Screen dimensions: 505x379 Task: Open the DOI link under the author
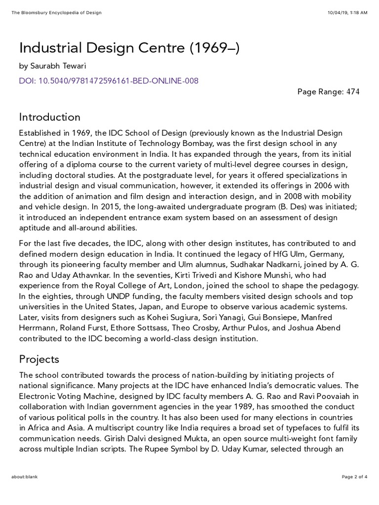[109, 80]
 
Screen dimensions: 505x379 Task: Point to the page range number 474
[352, 92]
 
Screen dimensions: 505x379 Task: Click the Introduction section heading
[49, 117]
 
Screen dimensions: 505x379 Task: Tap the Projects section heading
[39, 359]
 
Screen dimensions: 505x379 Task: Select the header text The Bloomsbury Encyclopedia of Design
[56, 12]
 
